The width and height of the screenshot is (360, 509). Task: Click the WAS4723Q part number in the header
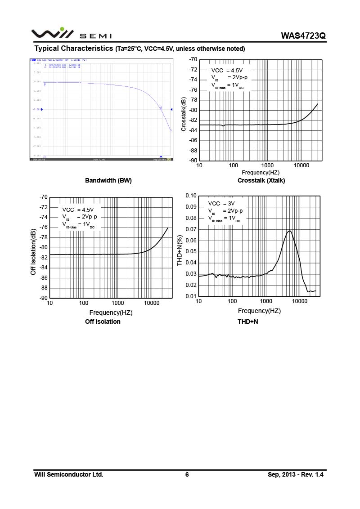[x=303, y=36]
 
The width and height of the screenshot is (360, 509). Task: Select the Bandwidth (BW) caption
[x=108, y=180]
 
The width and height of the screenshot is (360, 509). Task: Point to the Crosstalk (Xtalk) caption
[x=261, y=180]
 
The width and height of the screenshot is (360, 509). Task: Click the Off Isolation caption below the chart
[x=103, y=321]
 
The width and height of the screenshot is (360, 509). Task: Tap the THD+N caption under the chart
[x=247, y=321]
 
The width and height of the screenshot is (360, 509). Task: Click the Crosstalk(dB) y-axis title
[x=184, y=114]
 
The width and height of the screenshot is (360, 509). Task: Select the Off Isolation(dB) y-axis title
[x=33, y=252]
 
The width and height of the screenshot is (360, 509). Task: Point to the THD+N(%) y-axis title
[x=180, y=250]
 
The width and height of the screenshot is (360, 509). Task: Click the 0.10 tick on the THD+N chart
[x=191, y=196]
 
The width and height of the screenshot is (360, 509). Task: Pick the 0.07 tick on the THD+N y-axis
[x=191, y=229]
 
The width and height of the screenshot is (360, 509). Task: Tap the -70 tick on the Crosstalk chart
[x=193, y=59]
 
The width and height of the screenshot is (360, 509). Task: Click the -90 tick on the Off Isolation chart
[x=43, y=298]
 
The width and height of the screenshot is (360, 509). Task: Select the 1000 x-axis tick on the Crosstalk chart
[x=267, y=165]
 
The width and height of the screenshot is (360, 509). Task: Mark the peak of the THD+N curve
[x=290, y=231]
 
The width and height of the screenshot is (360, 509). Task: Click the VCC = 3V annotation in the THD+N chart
[x=221, y=203]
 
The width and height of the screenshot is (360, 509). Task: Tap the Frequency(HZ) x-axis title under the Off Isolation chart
[x=111, y=313]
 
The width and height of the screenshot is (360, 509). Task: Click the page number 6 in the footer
[x=187, y=474]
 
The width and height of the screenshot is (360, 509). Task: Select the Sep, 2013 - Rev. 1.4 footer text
[x=296, y=474]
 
